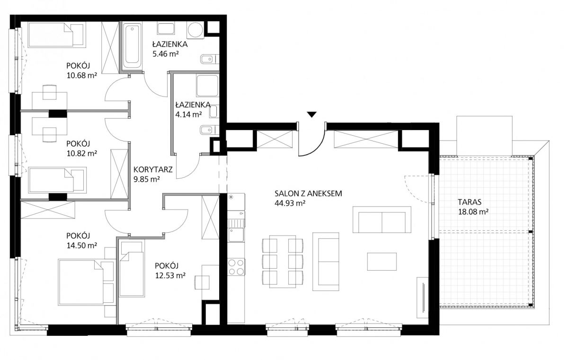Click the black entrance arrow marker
coord(311,114)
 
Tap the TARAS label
coord(470,202)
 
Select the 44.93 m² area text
coord(290,203)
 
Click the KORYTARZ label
coord(153,169)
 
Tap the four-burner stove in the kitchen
coord(236,267)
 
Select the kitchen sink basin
coord(236,234)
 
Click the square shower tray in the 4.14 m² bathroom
coord(207,85)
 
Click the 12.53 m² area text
coord(170,275)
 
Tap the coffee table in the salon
coord(382,262)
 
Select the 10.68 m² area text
coord(81,75)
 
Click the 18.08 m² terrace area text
coord(473,211)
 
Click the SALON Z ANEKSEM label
coord(308,193)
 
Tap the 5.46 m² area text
coord(166,54)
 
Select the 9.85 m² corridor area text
coord(147,179)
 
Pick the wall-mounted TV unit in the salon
coord(423,298)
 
